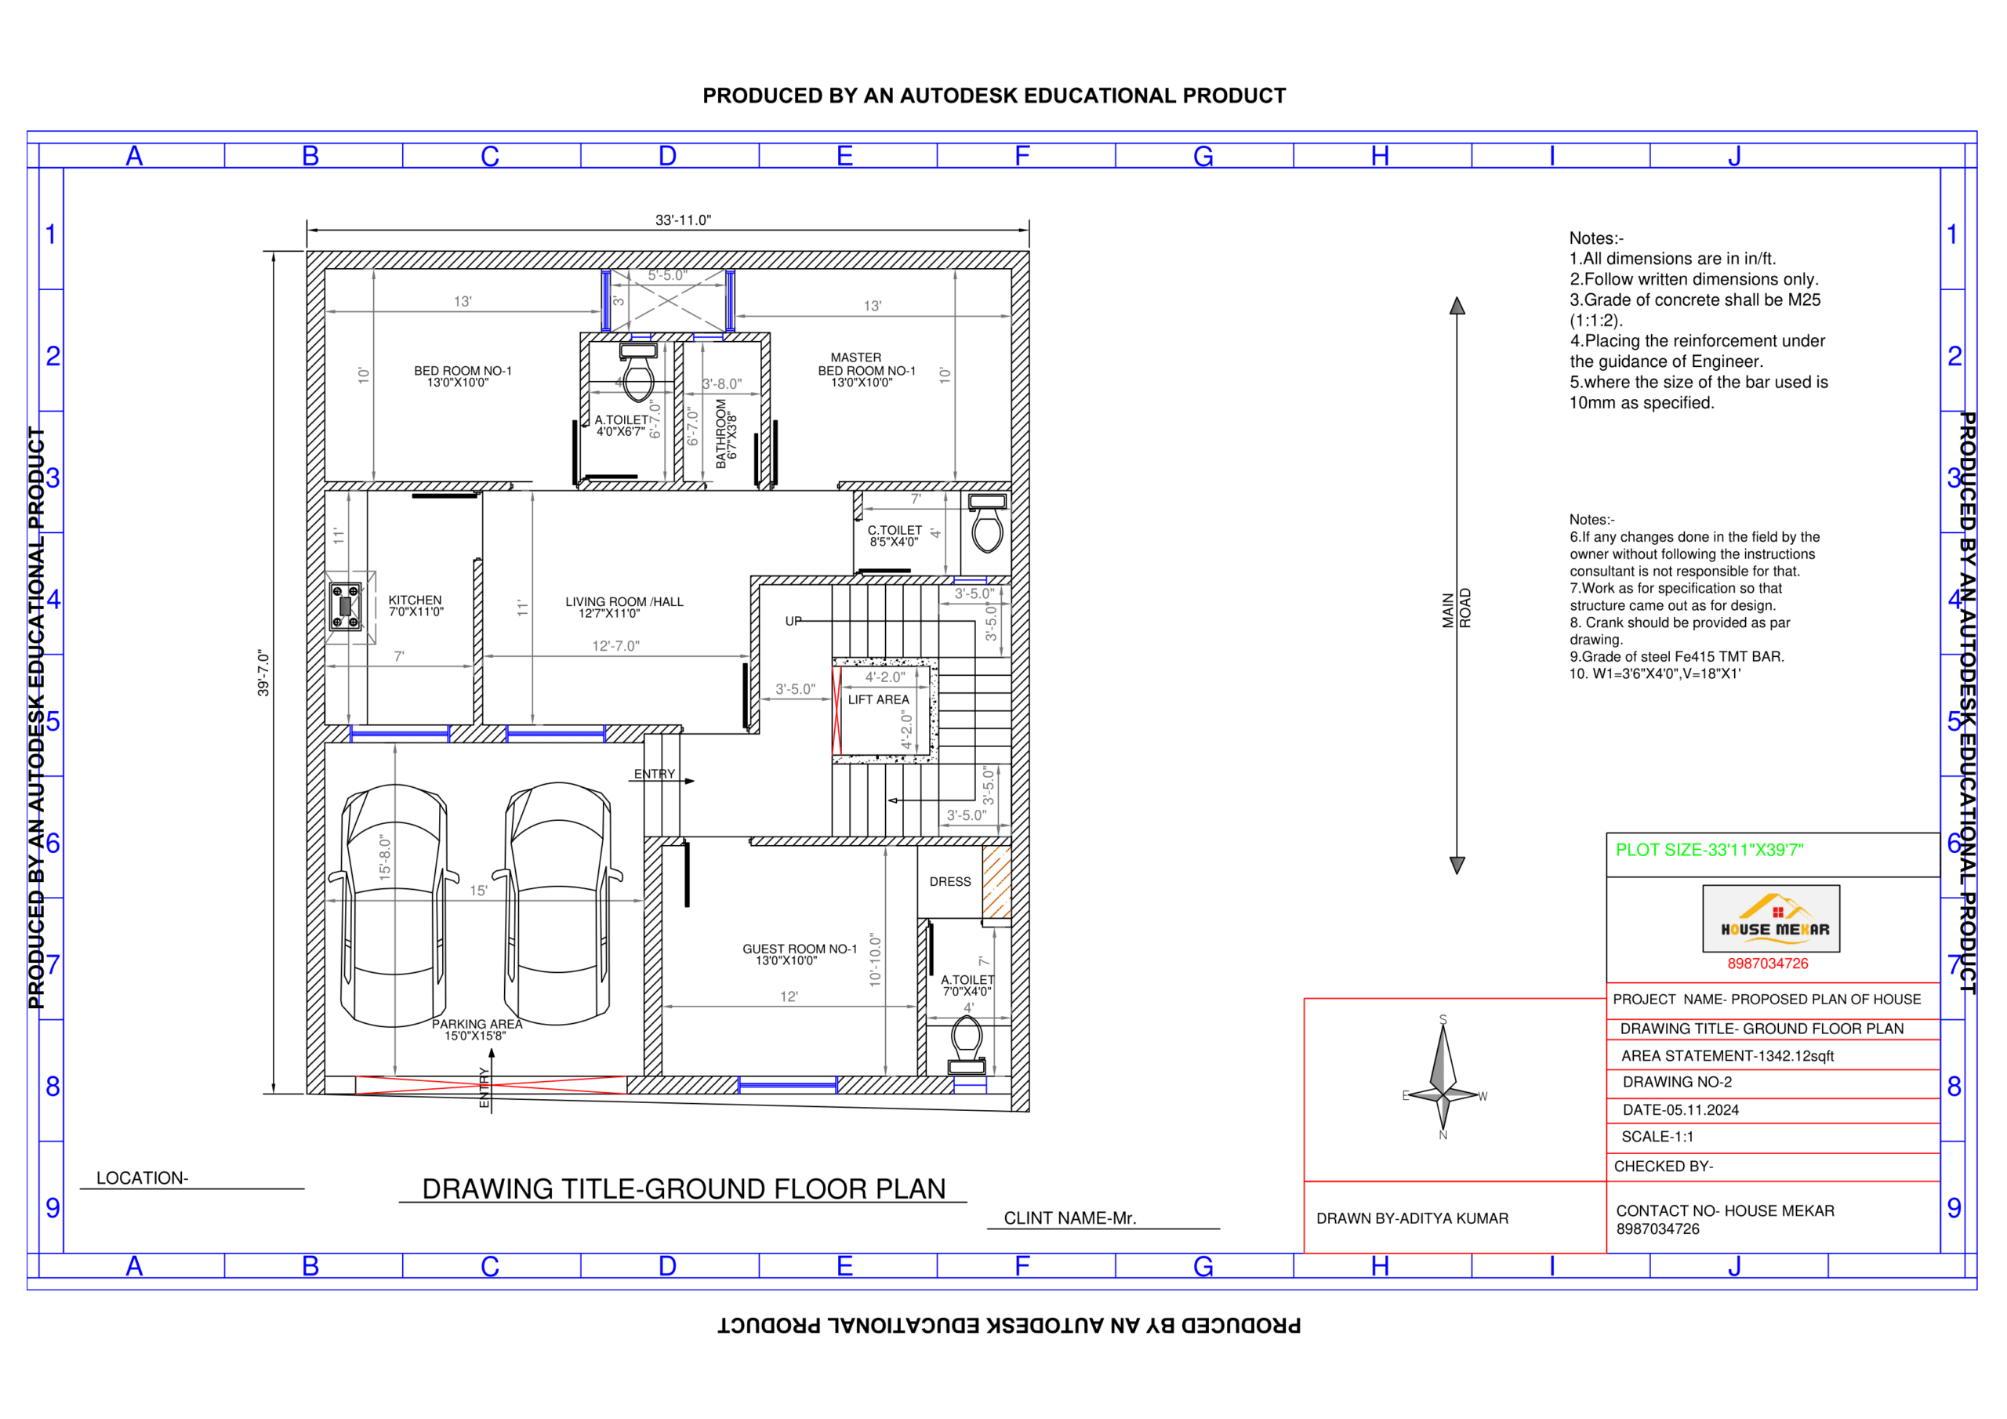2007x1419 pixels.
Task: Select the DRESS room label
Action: point(950,881)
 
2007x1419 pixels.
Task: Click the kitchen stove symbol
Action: point(345,606)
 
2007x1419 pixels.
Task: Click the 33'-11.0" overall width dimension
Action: point(683,220)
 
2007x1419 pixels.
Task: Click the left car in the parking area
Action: point(394,905)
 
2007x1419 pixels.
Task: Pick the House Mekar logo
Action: point(1771,918)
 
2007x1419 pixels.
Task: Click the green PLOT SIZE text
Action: point(1709,850)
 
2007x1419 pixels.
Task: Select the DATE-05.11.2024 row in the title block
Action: point(1680,1109)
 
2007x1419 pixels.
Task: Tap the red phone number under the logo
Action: point(1766,964)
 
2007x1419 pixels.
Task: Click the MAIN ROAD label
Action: point(1457,608)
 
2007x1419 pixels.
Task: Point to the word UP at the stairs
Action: point(793,621)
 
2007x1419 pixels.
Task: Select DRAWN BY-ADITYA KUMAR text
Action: point(1412,1218)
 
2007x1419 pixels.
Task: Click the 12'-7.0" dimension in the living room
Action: point(615,646)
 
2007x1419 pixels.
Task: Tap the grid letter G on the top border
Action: point(1203,157)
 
